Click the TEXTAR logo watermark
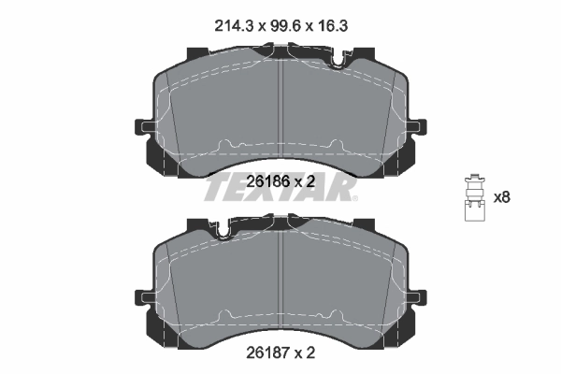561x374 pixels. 280,191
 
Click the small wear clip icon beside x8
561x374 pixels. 473,198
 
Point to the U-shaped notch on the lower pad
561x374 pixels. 223,227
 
